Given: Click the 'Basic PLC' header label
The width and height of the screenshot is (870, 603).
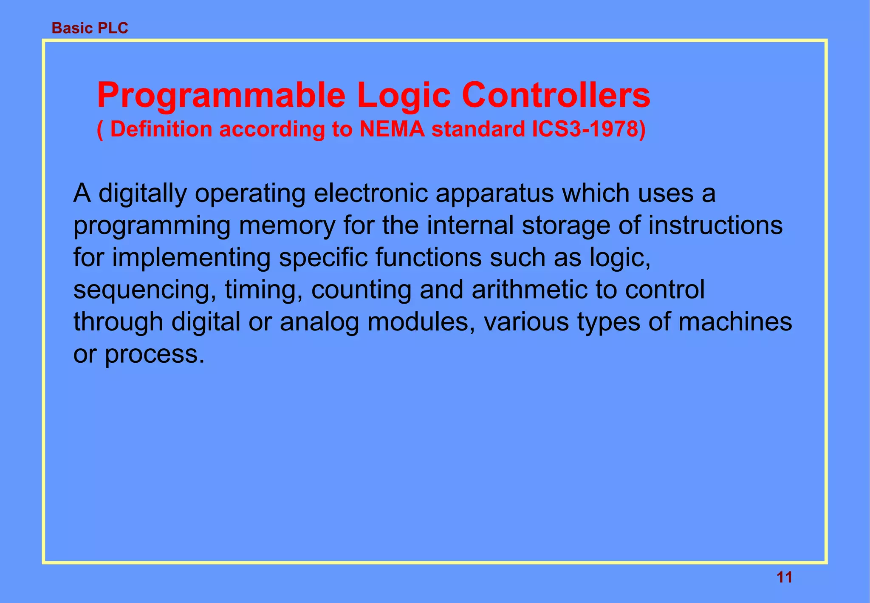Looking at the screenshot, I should tap(90, 28).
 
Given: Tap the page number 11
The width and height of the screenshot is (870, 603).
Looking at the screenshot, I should tap(784, 577).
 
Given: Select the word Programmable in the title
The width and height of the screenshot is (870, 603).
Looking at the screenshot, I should tap(221, 95).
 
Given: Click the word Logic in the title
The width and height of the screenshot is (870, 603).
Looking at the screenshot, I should tap(404, 95).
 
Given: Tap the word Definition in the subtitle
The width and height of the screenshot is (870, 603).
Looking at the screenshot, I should tap(161, 129).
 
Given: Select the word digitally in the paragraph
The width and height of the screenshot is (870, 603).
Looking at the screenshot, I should tap(142, 194).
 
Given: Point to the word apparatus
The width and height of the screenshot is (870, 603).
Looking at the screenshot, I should tap(494, 194).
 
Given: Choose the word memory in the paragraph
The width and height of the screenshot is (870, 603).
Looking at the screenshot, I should tap(287, 226).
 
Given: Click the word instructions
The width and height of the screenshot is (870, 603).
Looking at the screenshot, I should tap(715, 225).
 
